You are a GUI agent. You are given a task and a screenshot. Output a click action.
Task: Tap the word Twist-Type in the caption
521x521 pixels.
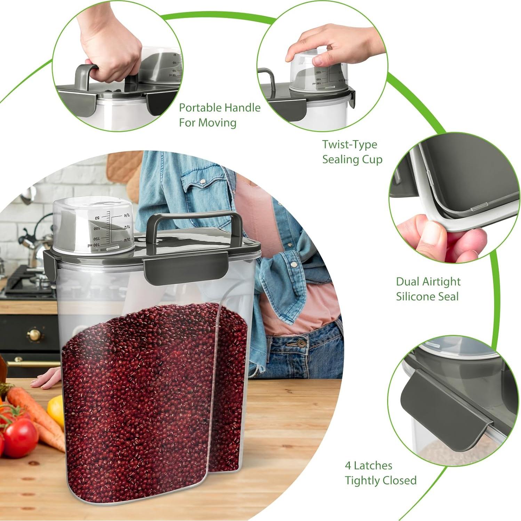click(x=349, y=144)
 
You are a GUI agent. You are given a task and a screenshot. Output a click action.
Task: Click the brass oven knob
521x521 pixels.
click(x=34, y=335)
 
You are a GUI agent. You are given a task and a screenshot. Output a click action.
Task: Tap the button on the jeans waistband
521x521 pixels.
click(x=301, y=344)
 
